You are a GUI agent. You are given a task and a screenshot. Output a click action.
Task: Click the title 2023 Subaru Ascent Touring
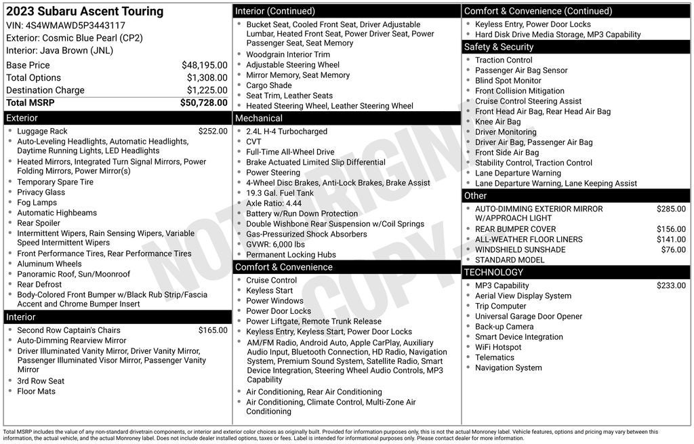click(x=85, y=12)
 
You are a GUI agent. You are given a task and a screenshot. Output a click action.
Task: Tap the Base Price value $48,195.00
click(x=204, y=65)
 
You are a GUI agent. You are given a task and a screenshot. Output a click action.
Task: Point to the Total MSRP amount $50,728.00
click(x=203, y=102)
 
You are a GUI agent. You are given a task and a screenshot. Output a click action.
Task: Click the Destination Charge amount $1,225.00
click(x=207, y=90)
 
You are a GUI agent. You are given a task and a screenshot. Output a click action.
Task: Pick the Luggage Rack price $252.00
click(x=213, y=132)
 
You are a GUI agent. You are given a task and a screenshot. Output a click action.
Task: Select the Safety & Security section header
click(x=499, y=47)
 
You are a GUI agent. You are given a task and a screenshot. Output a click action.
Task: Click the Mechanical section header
click(x=259, y=118)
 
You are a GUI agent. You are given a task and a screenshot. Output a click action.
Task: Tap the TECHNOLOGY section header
click(x=495, y=273)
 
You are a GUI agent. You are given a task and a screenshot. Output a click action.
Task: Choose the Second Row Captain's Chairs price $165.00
click(x=213, y=330)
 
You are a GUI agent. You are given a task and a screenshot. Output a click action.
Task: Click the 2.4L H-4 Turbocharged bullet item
click(x=286, y=132)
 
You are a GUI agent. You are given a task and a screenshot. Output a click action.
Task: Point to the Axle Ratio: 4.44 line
click(x=274, y=203)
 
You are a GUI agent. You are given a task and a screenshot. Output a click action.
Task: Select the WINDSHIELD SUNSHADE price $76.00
click(x=673, y=249)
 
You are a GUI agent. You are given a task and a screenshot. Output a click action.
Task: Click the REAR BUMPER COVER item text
click(x=515, y=229)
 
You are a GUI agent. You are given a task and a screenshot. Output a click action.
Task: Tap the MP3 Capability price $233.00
click(x=671, y=285)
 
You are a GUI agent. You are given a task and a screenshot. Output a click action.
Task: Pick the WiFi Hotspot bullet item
click(x=498, y=347)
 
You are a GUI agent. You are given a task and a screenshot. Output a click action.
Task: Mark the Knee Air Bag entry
click(x=497, y=122)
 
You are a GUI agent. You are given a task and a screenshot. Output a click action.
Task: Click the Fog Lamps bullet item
click(x=37, y=203)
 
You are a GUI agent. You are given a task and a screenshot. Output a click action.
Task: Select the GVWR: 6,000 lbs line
click(x=275, y=244)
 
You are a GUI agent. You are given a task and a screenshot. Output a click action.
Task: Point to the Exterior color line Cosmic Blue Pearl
click(x=75, y=38)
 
